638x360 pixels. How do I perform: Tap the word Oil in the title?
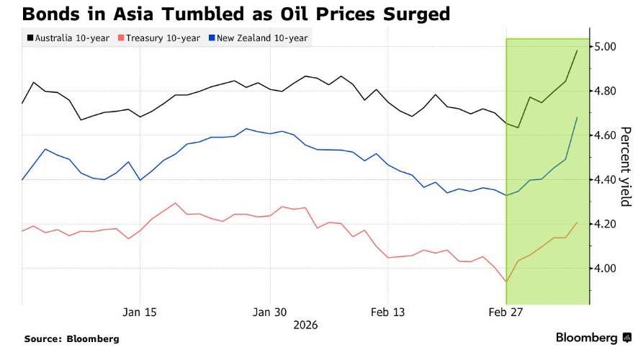click(x=295, y=14)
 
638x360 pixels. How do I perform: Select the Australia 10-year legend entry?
click(x=68, y=38)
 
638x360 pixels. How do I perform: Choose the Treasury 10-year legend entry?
click(x=159, y=38)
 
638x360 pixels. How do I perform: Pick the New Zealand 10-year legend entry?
click(x=258, y=38)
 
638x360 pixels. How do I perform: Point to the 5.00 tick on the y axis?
click(x=605, y=47)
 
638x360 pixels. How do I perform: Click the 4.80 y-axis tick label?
click(x=605, y=91)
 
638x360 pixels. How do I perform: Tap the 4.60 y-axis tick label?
click(x=605, y=135)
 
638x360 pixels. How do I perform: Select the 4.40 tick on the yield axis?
click(x=605, y=180)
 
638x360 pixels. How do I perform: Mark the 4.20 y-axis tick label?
click(x=605, y=224)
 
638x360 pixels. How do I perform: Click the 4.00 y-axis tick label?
click(x=605, y=269)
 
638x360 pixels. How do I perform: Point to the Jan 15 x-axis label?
click(x=140, y=312)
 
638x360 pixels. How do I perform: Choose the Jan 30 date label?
click(x=269, y=312)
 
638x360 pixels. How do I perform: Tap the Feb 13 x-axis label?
click(x=387, y=312)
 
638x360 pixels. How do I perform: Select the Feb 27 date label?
click(x=506, y=312)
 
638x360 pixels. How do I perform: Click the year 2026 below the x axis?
click(x=305, y=325)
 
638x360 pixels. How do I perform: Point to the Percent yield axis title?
click(x=625, y=167)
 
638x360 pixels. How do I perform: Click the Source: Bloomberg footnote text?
click(x=71, y=339)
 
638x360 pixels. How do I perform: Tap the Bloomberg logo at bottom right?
click(x=593, y=338)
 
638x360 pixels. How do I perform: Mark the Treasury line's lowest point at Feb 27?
click(x=506, y=282)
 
